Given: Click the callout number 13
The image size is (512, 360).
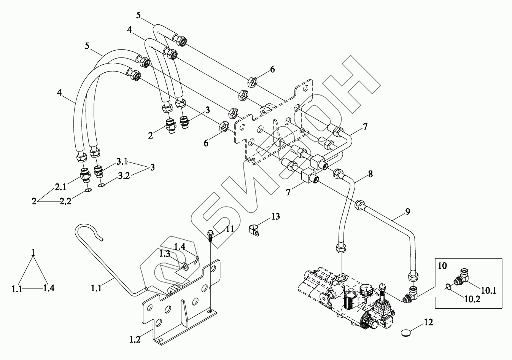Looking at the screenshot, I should pos(275,217).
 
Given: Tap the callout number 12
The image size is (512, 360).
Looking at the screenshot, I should pos(428,323).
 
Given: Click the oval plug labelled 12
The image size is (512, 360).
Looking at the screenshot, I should pos(407,334).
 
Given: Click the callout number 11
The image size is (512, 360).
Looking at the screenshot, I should pos(230,229).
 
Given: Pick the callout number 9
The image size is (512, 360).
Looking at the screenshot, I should pos(407,212).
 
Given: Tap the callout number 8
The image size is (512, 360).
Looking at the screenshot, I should pos(370,174).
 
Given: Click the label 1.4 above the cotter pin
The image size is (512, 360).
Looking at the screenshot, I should pos(180,247).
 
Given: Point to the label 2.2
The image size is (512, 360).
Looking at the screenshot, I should pos(65,202).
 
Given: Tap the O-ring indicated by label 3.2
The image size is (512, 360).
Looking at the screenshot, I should pos(101,185).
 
